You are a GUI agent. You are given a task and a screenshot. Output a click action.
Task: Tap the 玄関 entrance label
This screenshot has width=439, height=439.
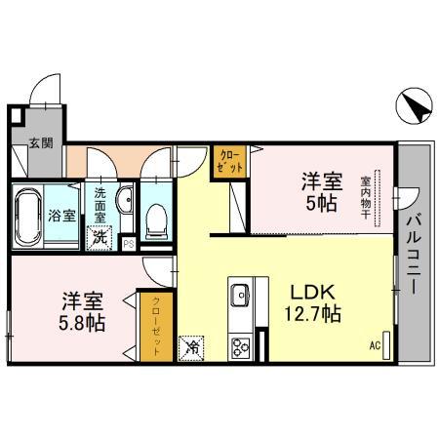(x=40, y=144)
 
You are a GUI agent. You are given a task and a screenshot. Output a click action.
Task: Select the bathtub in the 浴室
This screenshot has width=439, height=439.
(x=26, y=216)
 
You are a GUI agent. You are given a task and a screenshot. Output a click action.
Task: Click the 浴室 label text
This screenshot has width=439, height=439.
(x=62, y=216)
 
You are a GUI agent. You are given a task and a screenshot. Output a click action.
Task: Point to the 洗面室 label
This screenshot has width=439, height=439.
(x=101, y=206)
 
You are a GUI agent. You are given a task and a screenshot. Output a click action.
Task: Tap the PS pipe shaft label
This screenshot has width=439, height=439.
(x=127, y=244)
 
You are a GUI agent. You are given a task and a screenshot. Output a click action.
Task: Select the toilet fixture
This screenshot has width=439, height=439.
(x=154, y=220)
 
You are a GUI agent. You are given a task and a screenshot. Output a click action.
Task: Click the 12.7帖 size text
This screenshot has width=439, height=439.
(x=312, y=314)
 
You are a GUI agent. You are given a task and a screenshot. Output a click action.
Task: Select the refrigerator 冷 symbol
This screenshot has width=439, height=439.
(x=192, y=344)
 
